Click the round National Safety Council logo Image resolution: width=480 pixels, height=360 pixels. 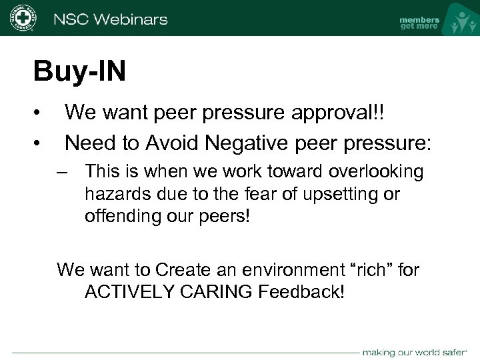pos(23,19)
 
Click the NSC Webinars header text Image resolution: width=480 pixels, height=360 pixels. pos(111,19)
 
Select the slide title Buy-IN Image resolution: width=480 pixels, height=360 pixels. pos(79,72)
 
